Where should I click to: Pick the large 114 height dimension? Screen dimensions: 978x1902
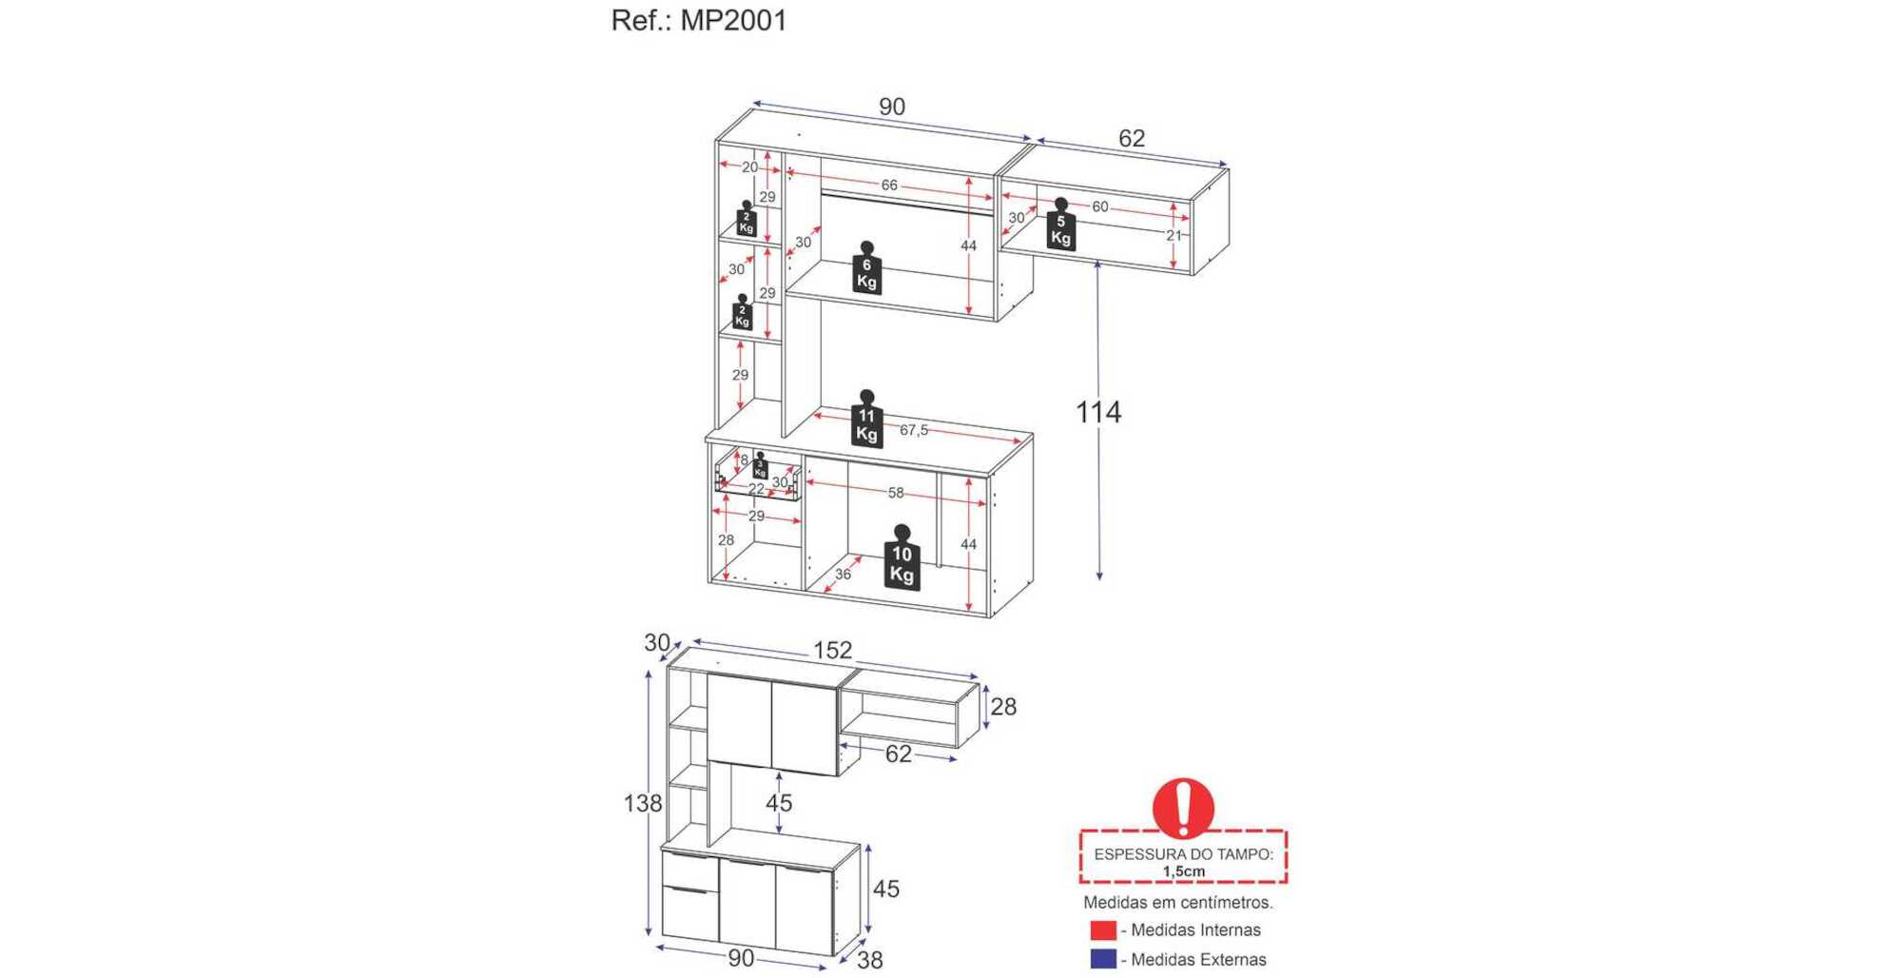(x=1098, y=412)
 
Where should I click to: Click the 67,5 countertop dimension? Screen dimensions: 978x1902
(x=914, y=430)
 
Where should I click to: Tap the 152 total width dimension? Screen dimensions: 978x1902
(x=832, y=650)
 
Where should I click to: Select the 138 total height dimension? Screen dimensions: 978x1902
(x=642, y=803)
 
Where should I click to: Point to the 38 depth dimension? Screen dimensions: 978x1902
(x=869, y=960)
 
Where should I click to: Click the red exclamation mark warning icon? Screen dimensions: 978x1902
(x=1183, y=808)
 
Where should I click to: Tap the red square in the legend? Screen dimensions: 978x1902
(x=1103, y=929)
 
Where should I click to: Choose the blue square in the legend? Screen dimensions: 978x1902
(x=1103, y=958)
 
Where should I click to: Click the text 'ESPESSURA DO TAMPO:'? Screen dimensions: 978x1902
(x=1183, y=853)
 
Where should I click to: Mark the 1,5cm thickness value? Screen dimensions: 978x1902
(x=1183, y=870)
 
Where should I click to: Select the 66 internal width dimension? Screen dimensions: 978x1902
(x=889, y=185)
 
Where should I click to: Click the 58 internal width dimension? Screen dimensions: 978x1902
(x=896, y=493)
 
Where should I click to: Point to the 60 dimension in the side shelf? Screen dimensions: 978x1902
(x=1099, y=206)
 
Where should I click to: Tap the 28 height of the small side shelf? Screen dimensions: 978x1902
(x=1003, y=706)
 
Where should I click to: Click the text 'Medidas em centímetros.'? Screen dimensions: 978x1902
(x=1177, y=902)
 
